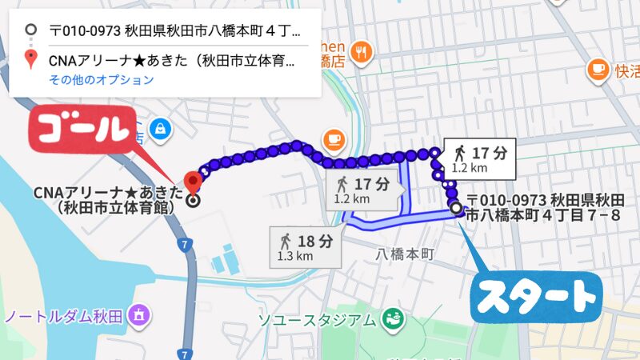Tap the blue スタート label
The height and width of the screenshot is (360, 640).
pos(534,298)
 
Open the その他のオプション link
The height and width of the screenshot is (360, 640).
pos(101,80)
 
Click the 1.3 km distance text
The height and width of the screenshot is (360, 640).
pos(294,257)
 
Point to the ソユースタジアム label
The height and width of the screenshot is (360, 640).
pos(315,321)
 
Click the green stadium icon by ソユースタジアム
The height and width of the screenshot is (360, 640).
pos(392,318)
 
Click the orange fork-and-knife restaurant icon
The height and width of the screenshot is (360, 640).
pos(362,52)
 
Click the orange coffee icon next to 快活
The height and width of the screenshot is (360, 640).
pos(597,70)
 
